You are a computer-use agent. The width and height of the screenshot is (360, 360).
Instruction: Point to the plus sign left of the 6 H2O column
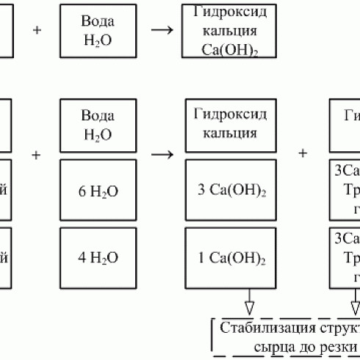click(x=36, y=155)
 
